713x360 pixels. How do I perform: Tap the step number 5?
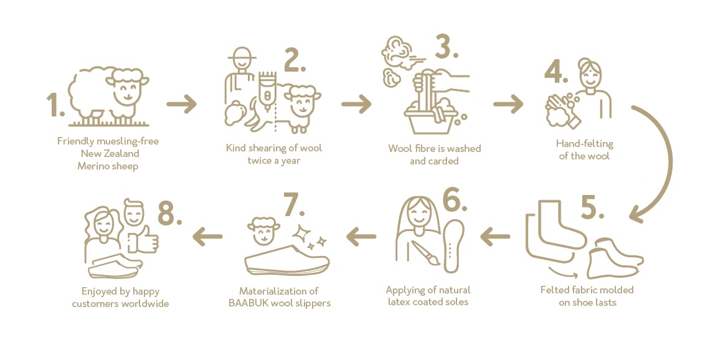[592, 208]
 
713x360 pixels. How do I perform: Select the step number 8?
[169, 213]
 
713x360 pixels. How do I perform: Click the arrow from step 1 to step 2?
[181, 104]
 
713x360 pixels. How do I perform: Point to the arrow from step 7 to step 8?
[207, 236]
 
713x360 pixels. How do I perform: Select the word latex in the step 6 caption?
[399, 302]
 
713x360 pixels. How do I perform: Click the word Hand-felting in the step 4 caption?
[584, 144]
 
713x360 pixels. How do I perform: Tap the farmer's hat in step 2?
[242, 53]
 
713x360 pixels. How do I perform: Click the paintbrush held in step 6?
[425, 253]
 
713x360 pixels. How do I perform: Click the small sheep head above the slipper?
[264, 231]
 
